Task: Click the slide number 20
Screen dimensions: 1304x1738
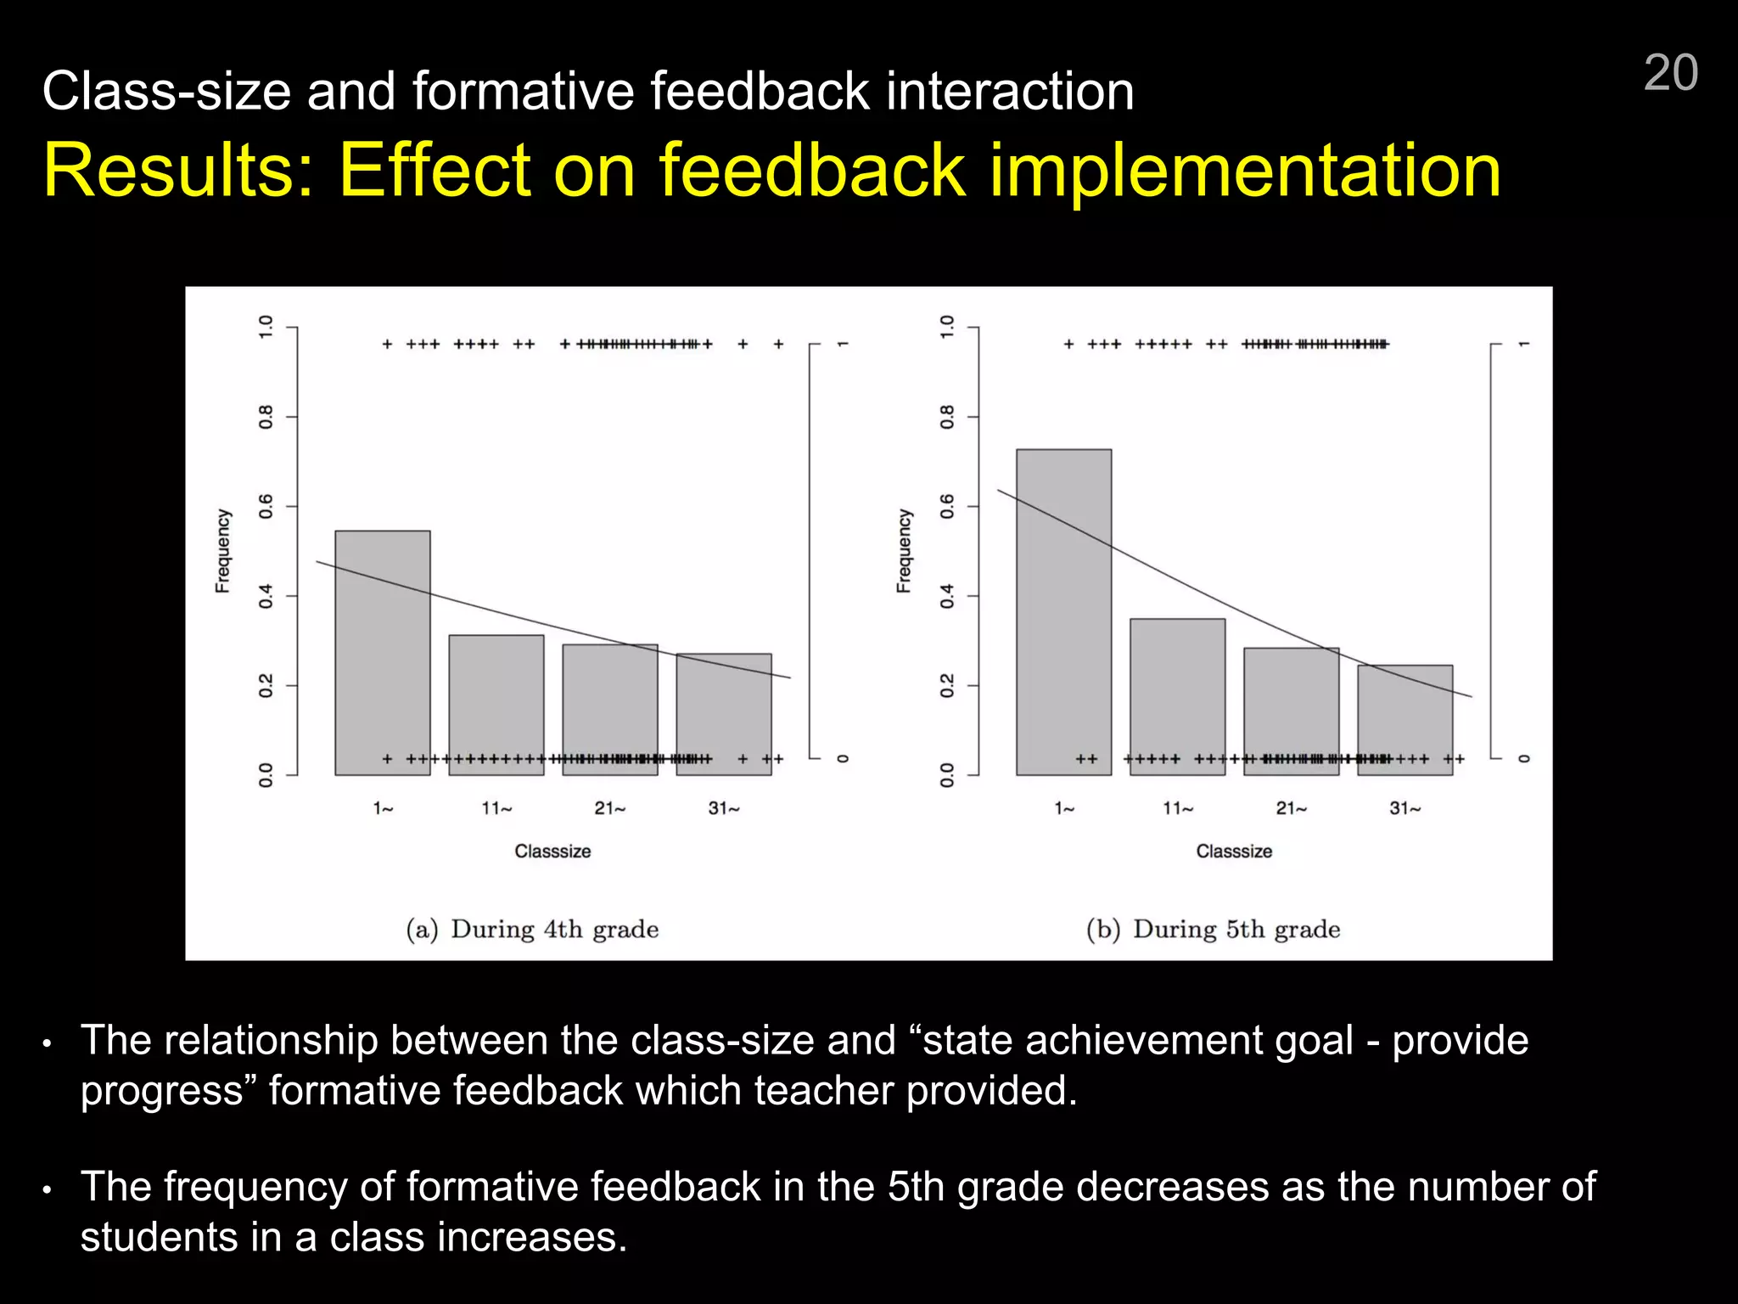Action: coord(1670,73)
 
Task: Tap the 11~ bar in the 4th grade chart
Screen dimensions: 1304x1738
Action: coord(496,705)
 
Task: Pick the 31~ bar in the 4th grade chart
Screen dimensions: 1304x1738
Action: coord(724,713)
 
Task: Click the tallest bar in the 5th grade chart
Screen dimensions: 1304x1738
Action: coord(1063,611)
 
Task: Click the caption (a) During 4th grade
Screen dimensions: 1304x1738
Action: coord(532,930)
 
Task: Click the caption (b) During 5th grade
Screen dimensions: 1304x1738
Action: coord(1214,930)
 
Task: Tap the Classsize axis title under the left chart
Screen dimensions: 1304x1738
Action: coord(552,852)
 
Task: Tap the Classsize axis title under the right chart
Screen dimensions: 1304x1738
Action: coord(1234,852)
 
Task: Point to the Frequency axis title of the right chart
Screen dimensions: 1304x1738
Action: coord(904,551)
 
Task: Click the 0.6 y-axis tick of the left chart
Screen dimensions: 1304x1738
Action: coord(266,507)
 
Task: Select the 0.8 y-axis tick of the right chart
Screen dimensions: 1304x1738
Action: coord(947,417)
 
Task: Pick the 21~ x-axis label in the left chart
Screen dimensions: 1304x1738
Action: coord(609,809)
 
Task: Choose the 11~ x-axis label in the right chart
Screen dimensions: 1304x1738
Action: coord(1178,809)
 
